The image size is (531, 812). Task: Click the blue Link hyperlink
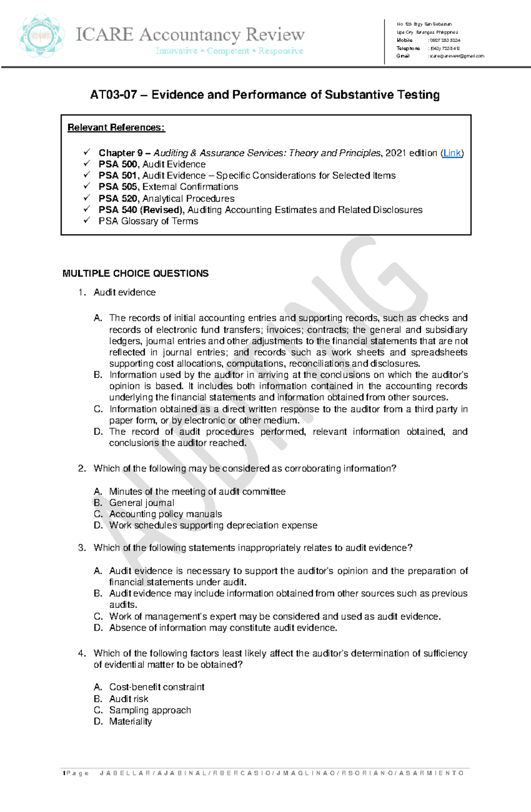(x=452, y=153)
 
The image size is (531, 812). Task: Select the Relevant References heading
(x=116, y=127)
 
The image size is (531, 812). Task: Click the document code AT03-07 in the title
(x=113, y=95)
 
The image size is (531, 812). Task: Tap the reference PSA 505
(x=118, y=187)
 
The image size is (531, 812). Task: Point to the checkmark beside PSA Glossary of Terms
(x=87, y=220)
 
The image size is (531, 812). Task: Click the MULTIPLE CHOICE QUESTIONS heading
(x=135, y=273)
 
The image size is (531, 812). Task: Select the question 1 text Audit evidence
(x=124, y=292)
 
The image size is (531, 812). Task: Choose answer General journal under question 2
(x=142, y=503)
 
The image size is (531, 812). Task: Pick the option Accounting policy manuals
(x=165, y=514)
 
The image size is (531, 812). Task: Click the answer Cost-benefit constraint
(x=157, y=687)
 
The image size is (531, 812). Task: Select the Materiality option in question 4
(x=131, y=722)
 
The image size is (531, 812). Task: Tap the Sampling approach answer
(x=150, y=710)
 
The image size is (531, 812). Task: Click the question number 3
(x=82, y=548)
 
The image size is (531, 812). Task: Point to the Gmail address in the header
(x=457, y=56)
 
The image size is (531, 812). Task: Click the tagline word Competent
(x=228, y=51)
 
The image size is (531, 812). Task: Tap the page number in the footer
(x=64, y=773)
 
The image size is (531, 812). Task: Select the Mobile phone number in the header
(x=445, y=40)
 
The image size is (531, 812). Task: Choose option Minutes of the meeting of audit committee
(x=197, y=492)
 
